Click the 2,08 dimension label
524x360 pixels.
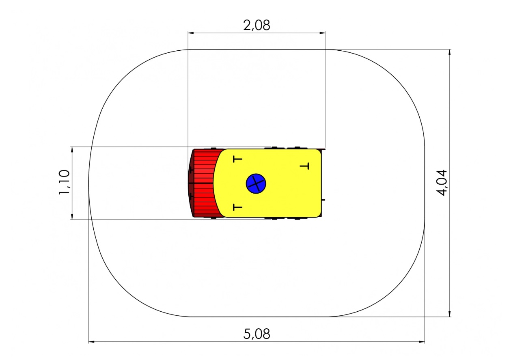click(257, 26)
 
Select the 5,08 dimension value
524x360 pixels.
click(257, 334)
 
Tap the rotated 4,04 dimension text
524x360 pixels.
click(442, 183)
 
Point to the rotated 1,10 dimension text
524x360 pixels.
click(64, 182)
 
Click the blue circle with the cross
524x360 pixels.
click(256, 183)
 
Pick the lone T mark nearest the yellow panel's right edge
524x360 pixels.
click(304, 166)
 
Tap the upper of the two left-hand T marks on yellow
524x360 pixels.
click(237, 159)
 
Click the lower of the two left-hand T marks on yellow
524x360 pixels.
click(237, 207)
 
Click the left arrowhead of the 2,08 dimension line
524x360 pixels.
click(191, 33)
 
